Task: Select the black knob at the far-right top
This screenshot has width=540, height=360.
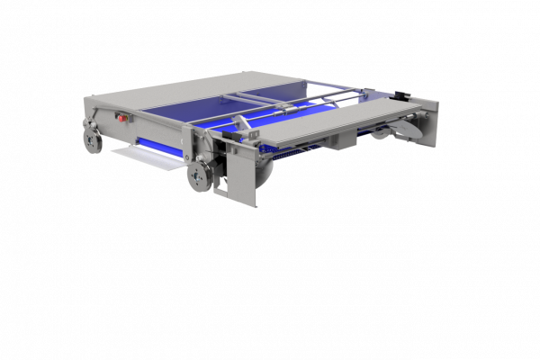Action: click(400, 94)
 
